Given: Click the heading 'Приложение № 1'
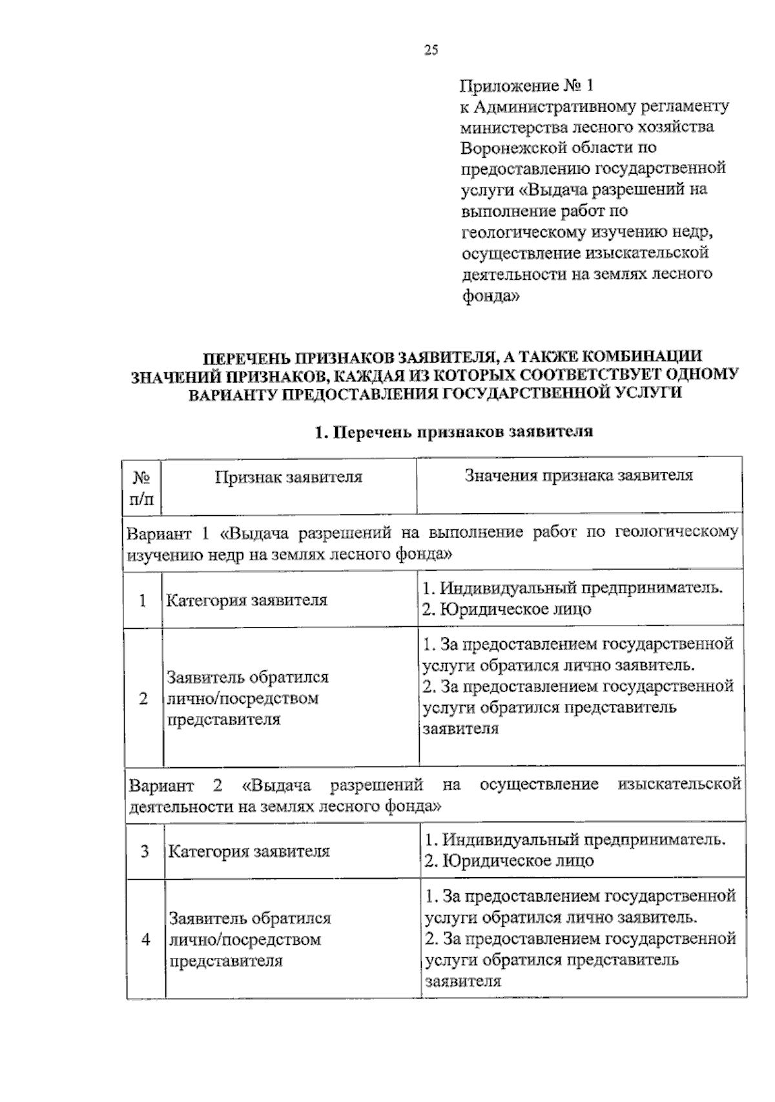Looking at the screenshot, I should pos(526,85).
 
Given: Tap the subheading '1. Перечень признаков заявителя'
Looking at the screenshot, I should pos(453,432).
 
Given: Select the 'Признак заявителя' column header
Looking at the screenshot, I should pos(289,477).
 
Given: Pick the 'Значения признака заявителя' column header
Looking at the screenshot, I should pos(579,476).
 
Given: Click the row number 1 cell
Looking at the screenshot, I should pos(142,600).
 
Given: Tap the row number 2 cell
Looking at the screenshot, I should pos(143,699).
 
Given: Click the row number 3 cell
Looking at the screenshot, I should pos(145,851).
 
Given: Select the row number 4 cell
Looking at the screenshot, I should pos(145,939).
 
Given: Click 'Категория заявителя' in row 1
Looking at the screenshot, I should pos(247,600).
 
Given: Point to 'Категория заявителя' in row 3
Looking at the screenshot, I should pos(249,851).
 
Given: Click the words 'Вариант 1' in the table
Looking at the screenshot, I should pos(168,534).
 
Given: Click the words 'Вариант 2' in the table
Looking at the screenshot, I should pos(175,785).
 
